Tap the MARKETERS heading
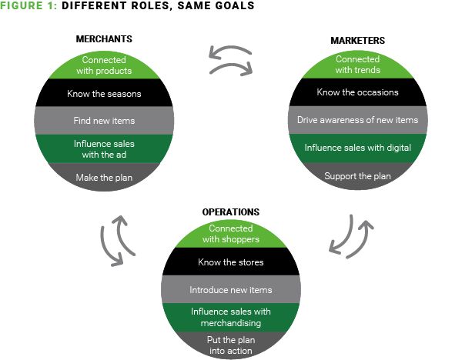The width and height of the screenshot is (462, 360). (357, 39)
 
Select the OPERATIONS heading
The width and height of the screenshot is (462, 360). (231, 212)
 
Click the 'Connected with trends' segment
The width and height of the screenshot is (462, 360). (357, 65)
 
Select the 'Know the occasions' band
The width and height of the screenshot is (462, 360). (357, 92)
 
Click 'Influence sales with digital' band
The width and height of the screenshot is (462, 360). (357, 148)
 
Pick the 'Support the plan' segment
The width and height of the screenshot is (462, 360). (357, 176)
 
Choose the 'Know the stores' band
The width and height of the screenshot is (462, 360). (231, 262)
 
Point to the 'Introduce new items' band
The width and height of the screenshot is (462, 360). (231, 290)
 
